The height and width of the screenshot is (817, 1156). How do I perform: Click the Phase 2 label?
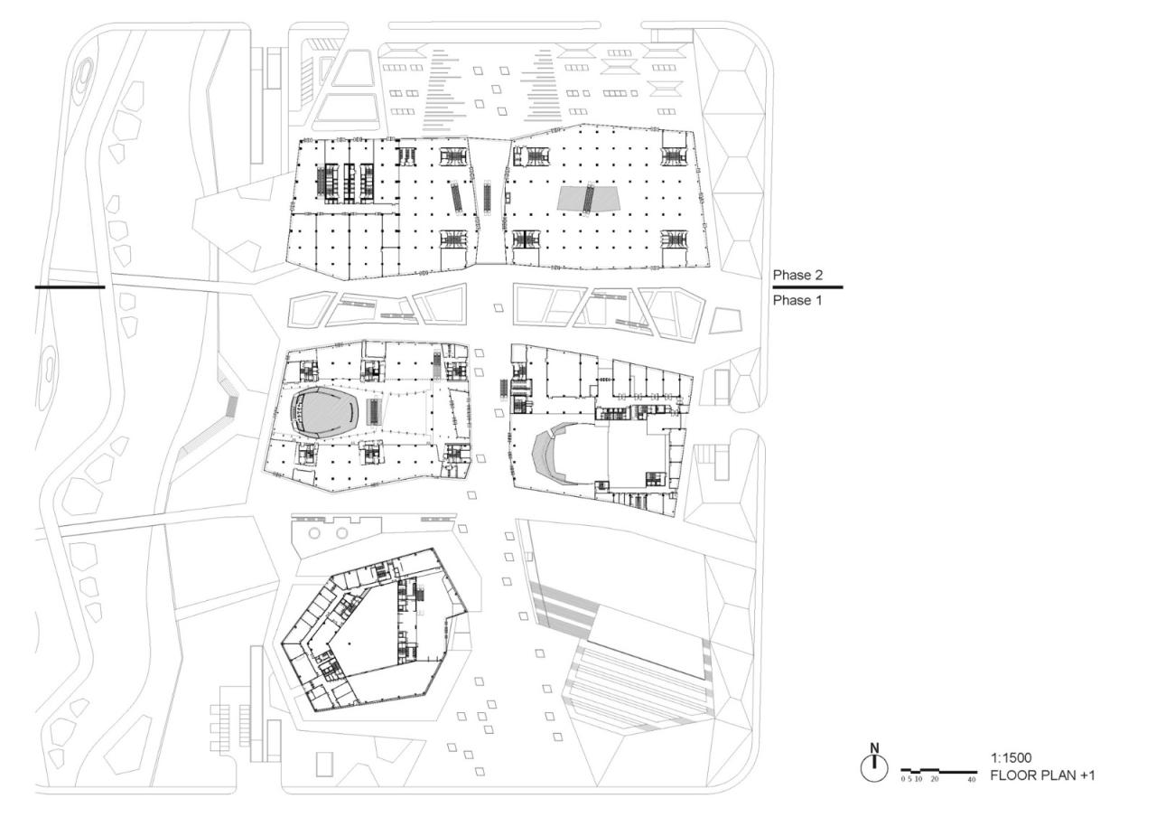point(792,275)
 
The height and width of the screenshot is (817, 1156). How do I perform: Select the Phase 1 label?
point(792,300)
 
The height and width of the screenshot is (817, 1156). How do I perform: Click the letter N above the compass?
point(873,747)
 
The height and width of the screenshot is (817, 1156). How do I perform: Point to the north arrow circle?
point(873,767)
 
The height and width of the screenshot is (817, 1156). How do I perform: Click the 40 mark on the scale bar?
point(972,779)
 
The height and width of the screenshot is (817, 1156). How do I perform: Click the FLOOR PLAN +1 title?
point(1043,775)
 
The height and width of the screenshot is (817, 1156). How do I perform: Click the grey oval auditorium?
point(324,415)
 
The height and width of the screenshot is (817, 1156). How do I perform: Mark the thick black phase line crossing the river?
point(70,287)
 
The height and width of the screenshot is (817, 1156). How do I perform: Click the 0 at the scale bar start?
point(903,779)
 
